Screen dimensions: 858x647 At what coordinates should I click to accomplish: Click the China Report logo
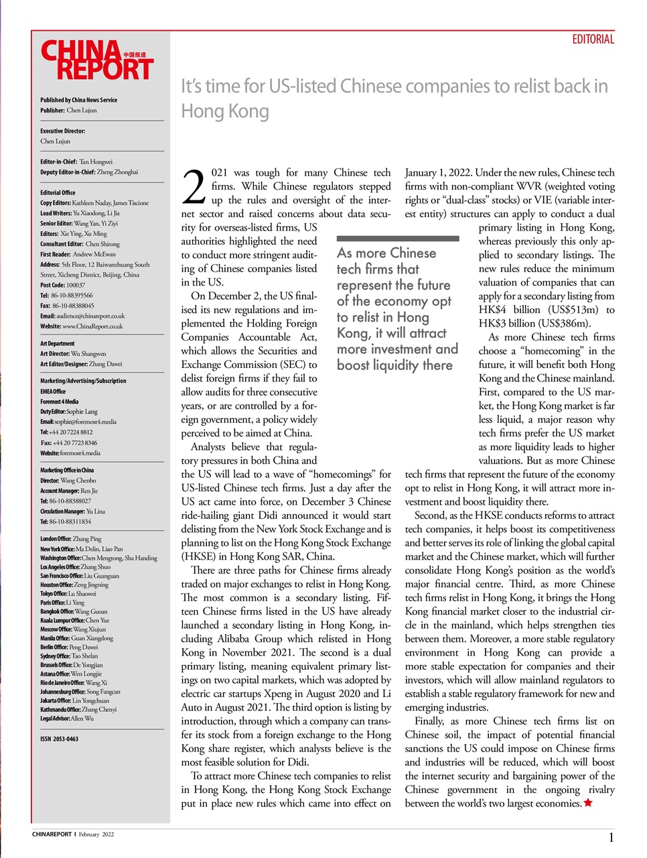(96, 60)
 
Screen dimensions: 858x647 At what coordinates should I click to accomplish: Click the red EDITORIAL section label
(592, 40)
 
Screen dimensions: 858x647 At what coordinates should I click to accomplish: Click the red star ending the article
(588, 803)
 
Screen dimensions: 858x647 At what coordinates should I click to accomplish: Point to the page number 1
(611, 837)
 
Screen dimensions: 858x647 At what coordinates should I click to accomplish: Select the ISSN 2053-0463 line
(59, 739)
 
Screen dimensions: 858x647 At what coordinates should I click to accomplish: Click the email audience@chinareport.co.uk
(91, 316)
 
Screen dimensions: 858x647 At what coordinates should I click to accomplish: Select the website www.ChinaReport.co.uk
(92, 326)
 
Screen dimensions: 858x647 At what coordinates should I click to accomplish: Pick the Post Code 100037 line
(62, 285)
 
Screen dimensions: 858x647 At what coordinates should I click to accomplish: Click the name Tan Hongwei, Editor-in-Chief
(96, 162)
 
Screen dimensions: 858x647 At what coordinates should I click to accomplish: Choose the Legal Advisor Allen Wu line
(67, 718)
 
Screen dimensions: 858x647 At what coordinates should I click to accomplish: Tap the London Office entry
(70, 539)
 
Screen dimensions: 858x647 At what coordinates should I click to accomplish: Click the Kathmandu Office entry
(78, 709)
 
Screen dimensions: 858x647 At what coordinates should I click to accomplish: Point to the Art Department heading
(58, 343)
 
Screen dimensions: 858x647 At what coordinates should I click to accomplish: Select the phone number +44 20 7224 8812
(70, 432)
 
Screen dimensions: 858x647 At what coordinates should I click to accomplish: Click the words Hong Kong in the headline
(225, 111)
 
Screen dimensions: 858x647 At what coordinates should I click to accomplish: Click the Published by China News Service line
(78, 100)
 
